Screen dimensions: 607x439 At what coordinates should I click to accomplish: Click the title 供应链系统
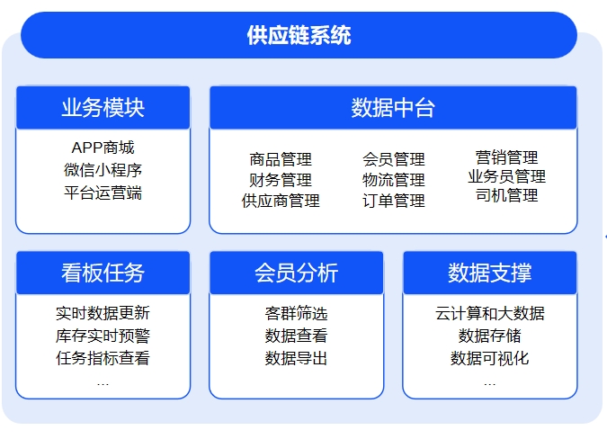pos(299,35)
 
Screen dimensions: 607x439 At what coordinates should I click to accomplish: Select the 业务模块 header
pos(103,108)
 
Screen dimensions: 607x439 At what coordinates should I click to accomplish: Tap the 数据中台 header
pos(393,108)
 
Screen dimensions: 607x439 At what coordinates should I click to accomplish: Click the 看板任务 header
pos(103,273)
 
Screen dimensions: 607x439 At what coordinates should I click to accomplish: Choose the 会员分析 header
pos(297,273)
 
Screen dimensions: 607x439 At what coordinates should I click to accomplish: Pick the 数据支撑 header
pos(490,273)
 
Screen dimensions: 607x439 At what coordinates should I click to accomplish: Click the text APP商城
pos(103,148)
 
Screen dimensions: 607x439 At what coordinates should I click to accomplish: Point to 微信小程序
pos(103,170)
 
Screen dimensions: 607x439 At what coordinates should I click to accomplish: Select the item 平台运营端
pos(103,193)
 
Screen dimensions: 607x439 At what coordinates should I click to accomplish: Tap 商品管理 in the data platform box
pos(281,159)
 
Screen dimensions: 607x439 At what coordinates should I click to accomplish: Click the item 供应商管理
pos(281,201)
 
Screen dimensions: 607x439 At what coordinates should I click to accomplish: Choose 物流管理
pos(394,180)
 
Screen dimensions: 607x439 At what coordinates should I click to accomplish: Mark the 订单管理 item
pos(394,201)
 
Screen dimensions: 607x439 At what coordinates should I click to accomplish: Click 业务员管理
pos(507,176)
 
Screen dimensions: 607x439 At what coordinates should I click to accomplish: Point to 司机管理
pos(507,195)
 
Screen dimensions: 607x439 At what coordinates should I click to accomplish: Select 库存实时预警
pos(103,336)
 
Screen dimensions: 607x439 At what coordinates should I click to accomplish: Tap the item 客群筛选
pos(297,313)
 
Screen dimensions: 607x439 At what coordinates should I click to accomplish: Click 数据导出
pos(297,358)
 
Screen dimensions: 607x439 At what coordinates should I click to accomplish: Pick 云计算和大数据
pos(490,313)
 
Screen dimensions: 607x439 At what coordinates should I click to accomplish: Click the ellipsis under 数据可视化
pos(490,384)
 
